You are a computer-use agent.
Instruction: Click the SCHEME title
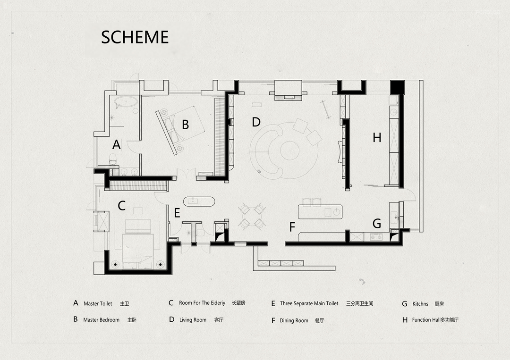point(135,37)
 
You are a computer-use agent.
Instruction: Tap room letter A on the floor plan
point(117,144)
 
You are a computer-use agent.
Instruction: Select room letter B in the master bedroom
point(186,125)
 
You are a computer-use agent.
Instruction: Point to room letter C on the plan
point(122,206)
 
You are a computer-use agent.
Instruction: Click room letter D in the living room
point(256,122)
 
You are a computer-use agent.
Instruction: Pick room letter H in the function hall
point(377,138)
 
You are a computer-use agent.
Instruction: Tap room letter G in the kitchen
point(377,224)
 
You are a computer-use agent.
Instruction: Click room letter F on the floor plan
point(292,227)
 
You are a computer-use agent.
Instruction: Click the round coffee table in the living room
point(290,151)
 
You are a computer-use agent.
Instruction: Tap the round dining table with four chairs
point(252,216)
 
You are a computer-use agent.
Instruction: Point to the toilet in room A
point(113,159)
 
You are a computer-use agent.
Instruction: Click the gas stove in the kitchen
point(377,237)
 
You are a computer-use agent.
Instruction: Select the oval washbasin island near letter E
point(199,201)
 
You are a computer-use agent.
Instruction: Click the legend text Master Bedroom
point(101,320)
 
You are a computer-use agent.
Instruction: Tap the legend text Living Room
point(193,320)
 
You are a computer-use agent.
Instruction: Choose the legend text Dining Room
point(294,321)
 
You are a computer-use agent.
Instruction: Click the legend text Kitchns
point(420,304)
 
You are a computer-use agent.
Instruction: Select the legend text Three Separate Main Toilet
point(309,303)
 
